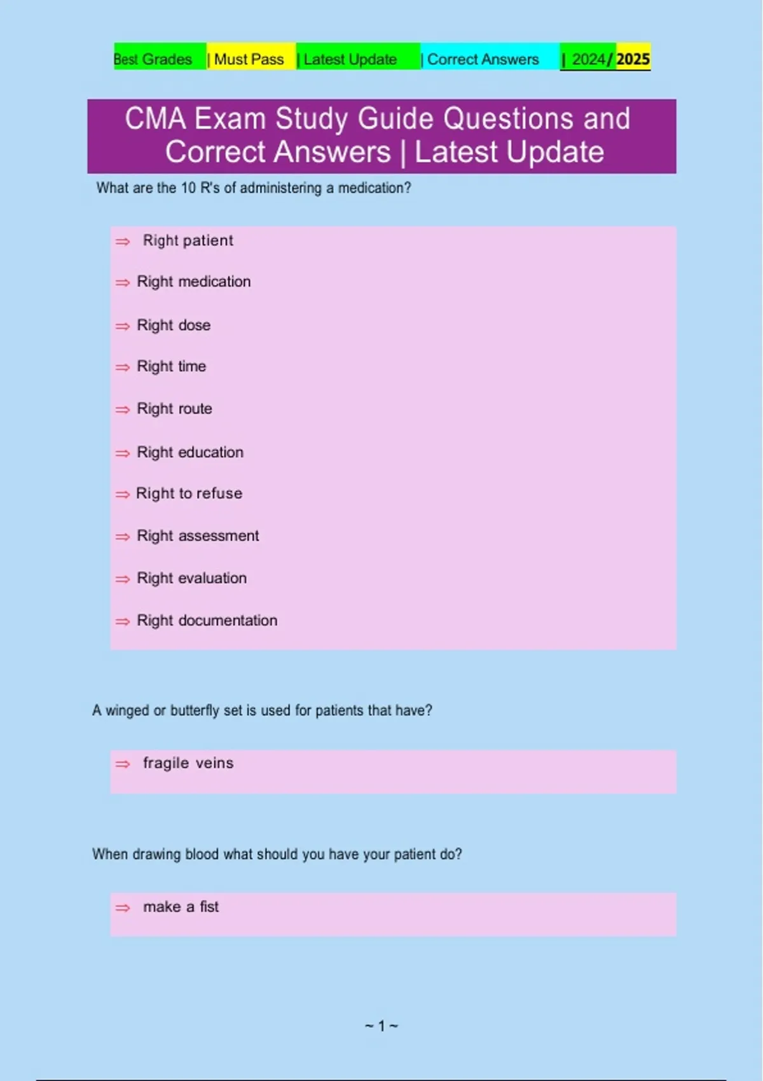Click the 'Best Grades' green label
point(153,59)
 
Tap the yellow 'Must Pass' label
point(249,59)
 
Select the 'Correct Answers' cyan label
point(483,59)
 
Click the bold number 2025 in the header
point(633,59)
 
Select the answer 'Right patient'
point(188,240)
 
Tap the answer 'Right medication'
point(193,282)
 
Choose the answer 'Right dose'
point(173,325)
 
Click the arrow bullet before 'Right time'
point(122,368)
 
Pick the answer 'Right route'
point(174,409)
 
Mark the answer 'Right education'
point(189,452)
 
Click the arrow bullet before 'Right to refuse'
point(122,495)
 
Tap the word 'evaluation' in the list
point(212,578)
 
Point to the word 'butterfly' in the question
point(195,710)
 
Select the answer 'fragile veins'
point(188,763)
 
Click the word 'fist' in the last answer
point(209,907)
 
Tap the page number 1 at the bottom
point(381,1026)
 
